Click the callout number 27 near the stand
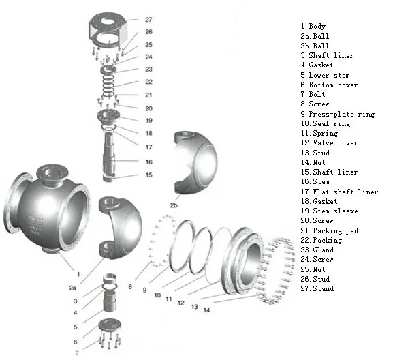tap(148, 20)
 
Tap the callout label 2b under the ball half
tap(174, 205)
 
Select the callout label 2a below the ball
tap(72, 288)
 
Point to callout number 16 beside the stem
tap(148, 162)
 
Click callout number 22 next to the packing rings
tap(148, 82)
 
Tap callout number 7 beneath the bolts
tap(76, 353)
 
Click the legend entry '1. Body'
tap(313, 27)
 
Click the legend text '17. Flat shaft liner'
tap(339, 192)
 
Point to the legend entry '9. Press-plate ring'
tap(337, 115)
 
